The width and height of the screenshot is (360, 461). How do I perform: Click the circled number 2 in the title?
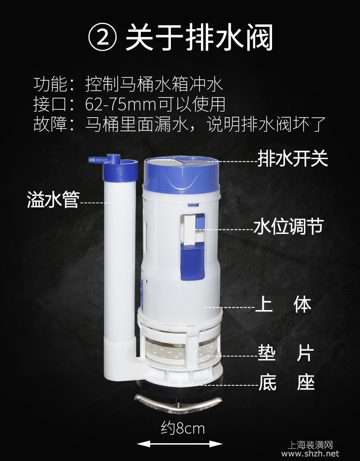pyautogui.click(x=103, y=38)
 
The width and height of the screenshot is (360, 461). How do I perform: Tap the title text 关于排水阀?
pyautogui.click(x=200, y=38)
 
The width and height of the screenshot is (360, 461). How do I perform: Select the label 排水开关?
pyautogui.click(x=293, y=159)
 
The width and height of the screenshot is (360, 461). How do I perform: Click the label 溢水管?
pyautogui.click(x=53, y=200)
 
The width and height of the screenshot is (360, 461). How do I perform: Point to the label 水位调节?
pyautogui.click(x=288, y=226)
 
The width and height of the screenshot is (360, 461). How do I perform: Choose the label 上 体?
pyautogui.click(x=283, y=304)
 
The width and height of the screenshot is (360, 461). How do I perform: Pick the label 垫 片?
pyautogui.click(x=286, y=353)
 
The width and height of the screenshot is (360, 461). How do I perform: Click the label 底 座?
pyautogui.click(x=286, y=382)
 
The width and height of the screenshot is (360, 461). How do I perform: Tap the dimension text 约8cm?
pyautogui.click(x=182, y=428)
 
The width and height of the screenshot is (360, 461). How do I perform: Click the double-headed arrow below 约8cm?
pyautogui.click(x=180, y=444)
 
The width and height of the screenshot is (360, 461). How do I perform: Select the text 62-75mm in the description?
pyautogui.click(x=120, y=104)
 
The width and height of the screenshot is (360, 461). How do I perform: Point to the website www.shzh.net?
pyautogui.click(x=310, y=454)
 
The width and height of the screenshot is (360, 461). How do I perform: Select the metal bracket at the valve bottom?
pyautogui.click(x=178, y=403)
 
